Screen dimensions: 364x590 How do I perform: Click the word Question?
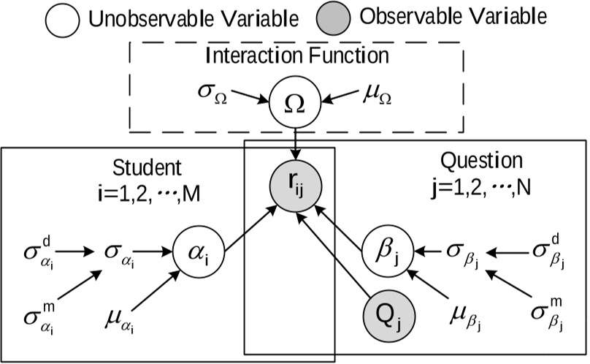tap(472, 161)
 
